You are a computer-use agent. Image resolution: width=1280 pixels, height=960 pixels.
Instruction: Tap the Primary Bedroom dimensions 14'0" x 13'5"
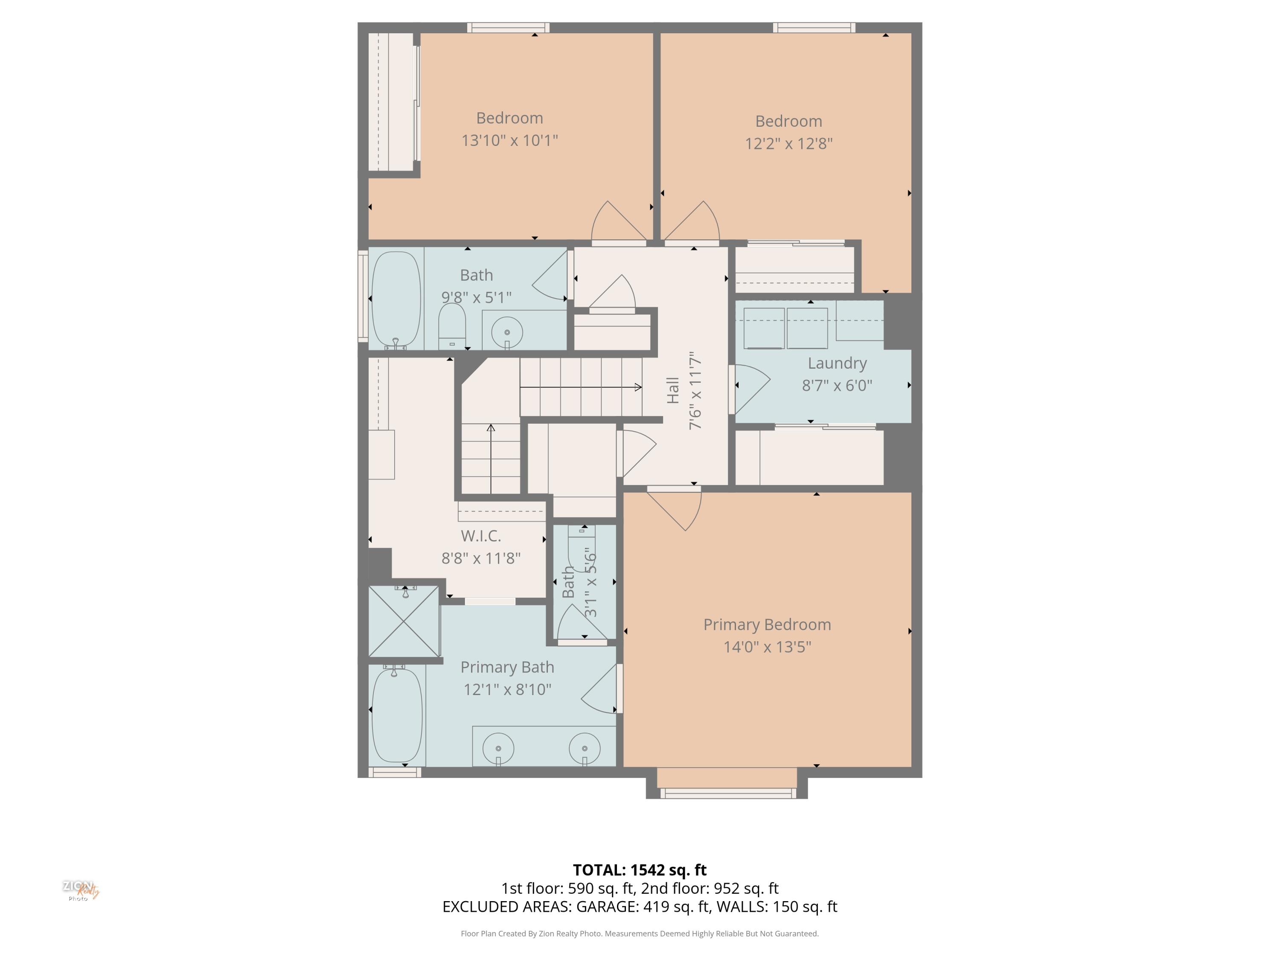coord(767,647)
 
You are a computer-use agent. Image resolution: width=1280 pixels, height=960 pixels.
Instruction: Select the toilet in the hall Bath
coord(452,326)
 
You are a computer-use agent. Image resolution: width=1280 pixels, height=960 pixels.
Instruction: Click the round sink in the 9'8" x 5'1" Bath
coord(507,332)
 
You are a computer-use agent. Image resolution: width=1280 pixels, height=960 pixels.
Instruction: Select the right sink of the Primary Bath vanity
coord(585,748)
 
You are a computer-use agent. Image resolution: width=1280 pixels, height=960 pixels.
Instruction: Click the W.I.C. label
coord(481,536)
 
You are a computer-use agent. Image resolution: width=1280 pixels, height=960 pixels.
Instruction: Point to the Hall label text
coord(672,390)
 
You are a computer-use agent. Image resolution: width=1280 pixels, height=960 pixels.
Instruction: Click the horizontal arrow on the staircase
coord(581,387)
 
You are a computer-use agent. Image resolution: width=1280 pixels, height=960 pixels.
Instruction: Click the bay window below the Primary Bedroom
coord(727,793)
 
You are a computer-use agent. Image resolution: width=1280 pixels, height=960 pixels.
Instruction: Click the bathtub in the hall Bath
coord(396,299)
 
